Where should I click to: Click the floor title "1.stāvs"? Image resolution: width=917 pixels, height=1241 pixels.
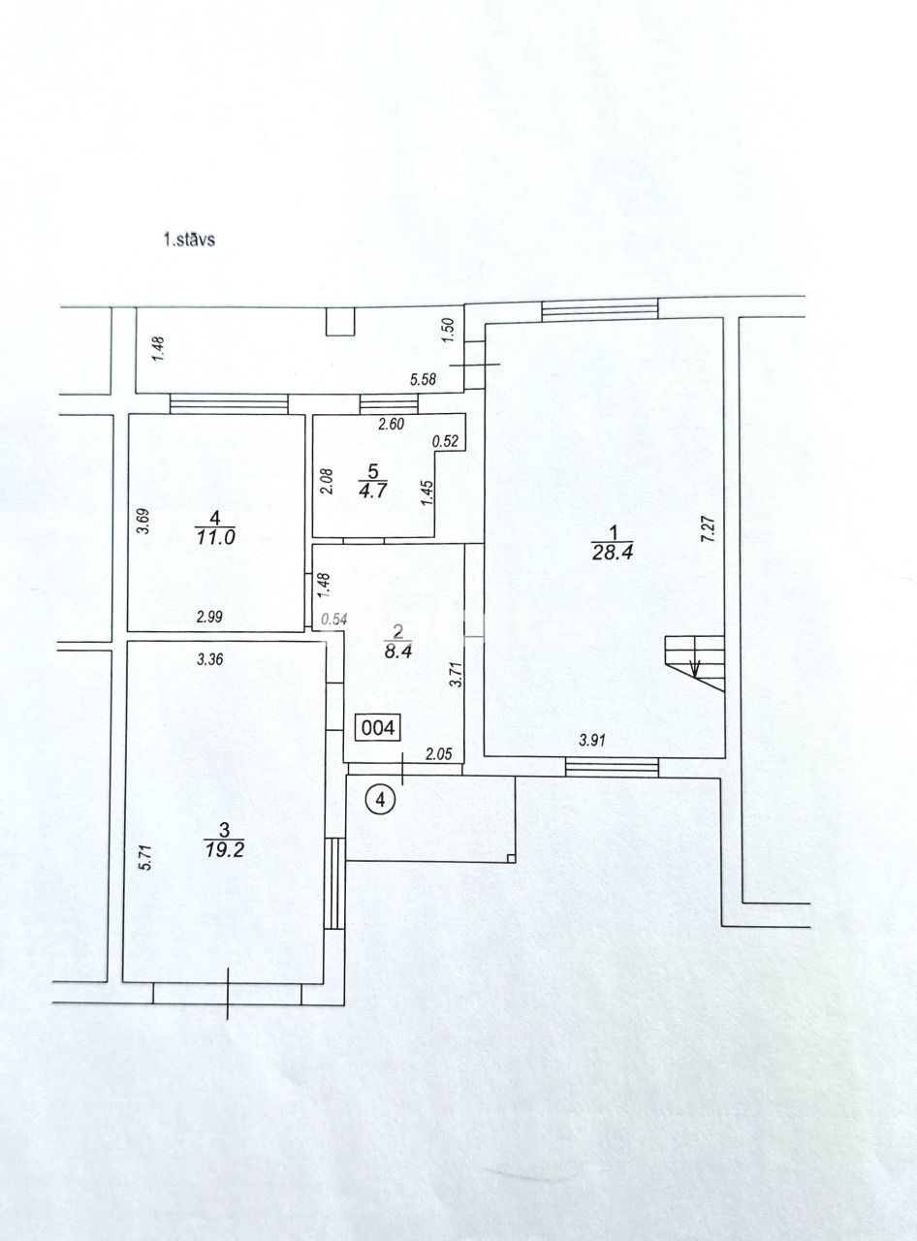[x=189, y=239]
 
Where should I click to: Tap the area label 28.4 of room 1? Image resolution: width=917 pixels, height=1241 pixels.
[x=613, y=552]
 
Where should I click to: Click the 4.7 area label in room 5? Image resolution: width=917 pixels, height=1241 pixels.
[x=369, y=491]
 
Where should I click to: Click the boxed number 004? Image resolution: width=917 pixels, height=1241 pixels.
[x=378, y=727]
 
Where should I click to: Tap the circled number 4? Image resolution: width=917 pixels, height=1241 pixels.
[x=381, y=800]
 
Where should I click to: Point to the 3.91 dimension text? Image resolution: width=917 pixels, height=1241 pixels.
[x=593, y=740]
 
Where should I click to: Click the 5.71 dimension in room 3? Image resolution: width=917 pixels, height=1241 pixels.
[x=145, y=860]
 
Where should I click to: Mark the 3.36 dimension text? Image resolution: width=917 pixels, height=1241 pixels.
[x=211, y=660]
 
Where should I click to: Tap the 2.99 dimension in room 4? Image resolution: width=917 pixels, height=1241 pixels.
[x=211, y=616]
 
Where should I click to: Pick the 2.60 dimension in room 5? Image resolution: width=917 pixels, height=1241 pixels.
[x=390, y=423]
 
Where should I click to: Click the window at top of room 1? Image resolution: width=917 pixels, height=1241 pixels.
[x=600, y=310]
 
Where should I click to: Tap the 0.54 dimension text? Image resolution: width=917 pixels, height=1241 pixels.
[x=334, y=619]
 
